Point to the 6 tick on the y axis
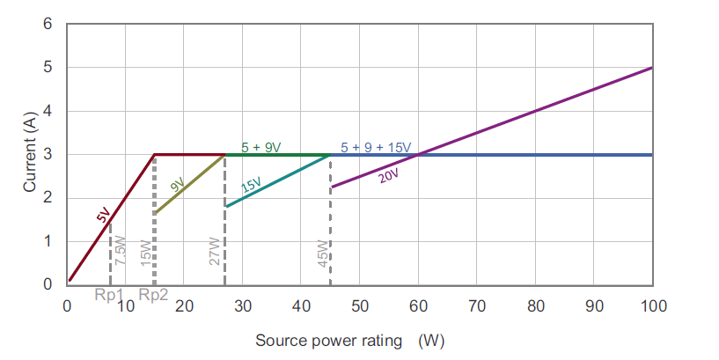tap(48, 24)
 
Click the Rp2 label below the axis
tap(153, 295)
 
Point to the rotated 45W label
tap(322, 253)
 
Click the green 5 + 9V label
tap(261, 147)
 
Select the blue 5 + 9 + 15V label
tap(376, 147)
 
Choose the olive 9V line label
tap(177, 185)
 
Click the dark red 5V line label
tap(104, 214)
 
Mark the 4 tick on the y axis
tap(48, 111)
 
